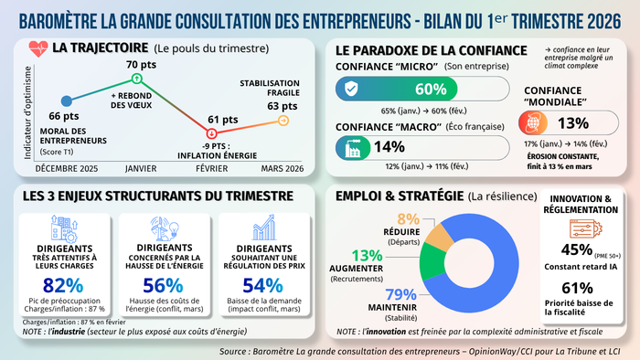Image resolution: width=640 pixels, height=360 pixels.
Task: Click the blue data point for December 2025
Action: (x=66, y=101)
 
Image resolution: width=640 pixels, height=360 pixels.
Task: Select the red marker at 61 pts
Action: (x=212, y=133)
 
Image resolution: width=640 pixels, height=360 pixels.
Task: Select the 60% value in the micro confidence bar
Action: (x=430, y=89)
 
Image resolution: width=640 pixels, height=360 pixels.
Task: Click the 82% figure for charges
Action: (x=62, y=284)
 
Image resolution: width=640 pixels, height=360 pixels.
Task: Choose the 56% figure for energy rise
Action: (x=163, y=284)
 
